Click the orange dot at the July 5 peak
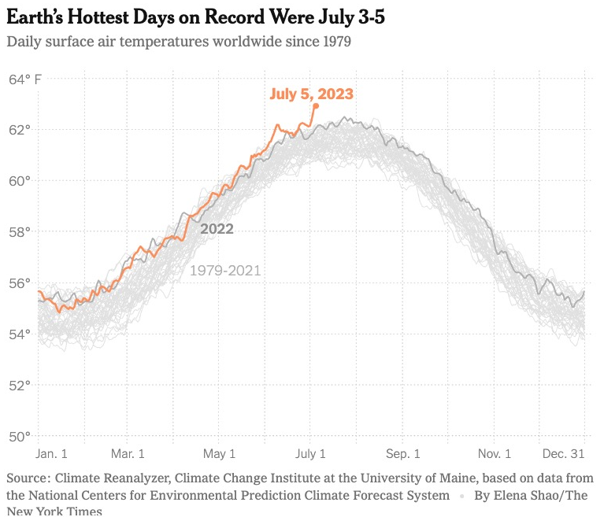pyautogui.click(x=316, y=105)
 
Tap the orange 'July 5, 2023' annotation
pyautogui.click(x=311, y=94)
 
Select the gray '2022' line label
pyautogui.click(x=217, y=229)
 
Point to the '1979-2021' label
pyautogui.click(x=225, y=271)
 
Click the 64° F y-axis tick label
pyautogui.click(x=25, y=79)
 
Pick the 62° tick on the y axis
pyautogui.click(x=20, y=129)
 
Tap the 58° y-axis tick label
pyautogui.click(x=20, y=231)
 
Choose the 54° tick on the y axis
pyautogui.click(x=20, y=334)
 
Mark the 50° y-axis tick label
pyautogui.click(x=20, y=436)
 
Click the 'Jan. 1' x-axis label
pyautogui.click(x=52, y=454)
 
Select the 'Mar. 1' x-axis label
pyautogui.click(x=128, y=454)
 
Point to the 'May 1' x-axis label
pyautogui.click(x=219, y=454)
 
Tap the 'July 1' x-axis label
pyautogui.click(x=310, y=454)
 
